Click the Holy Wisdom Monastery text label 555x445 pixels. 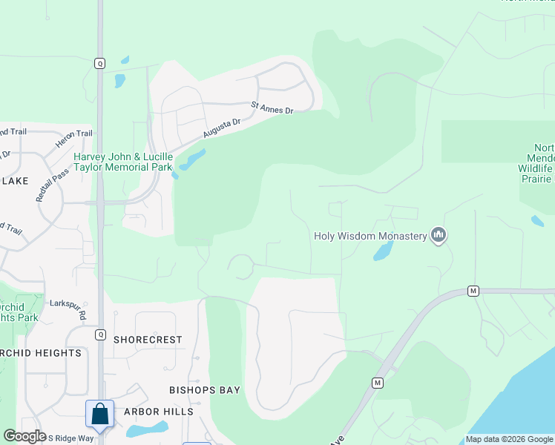pos(370,236)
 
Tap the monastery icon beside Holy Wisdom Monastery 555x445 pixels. pos(439,236)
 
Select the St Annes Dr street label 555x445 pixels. pos(272,108)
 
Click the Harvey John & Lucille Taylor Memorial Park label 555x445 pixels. pos(123,162)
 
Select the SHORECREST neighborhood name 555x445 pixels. pos(148,340)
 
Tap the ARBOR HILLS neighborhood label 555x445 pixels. pos(159,412)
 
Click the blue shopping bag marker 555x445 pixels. pos(99,414)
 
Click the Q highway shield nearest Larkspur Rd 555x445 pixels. pos(99,334)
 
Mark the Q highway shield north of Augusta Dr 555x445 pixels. pos(99,64)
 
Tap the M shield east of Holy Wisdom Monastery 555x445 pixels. pos(472,291)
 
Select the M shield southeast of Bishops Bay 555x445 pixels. pos(377,383)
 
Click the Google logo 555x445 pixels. pos(25,436)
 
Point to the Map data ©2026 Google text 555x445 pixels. pos(508,439)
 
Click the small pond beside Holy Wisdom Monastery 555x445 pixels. pos(382,251)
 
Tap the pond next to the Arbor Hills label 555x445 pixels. pos(146,429)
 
